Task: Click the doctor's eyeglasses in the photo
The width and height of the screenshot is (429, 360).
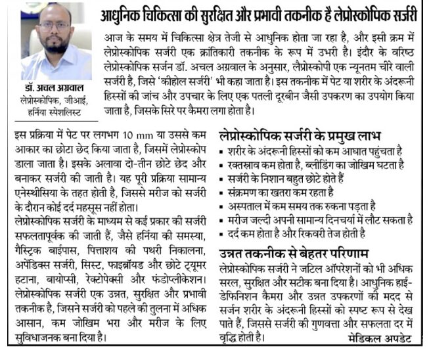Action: point(54,26)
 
